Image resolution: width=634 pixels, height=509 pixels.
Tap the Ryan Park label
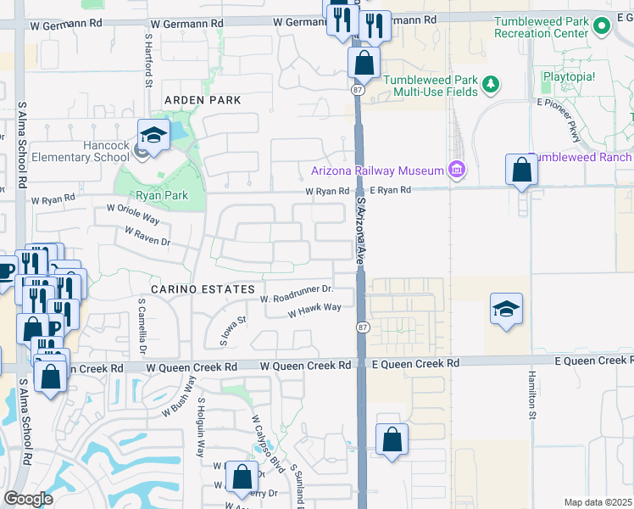click(x=160, y=194)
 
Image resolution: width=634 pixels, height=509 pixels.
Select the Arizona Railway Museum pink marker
click(x=458, y=171)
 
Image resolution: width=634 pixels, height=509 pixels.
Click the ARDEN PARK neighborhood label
click(x=203, y=100)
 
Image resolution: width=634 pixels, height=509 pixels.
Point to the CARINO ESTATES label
click(x=197, y=289)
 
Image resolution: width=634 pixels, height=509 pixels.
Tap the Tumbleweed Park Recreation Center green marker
click(x=602, y=27)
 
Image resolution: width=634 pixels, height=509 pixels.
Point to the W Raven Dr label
click(x=147, y=236)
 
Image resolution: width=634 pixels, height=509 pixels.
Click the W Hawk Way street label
click(x=314, y=310)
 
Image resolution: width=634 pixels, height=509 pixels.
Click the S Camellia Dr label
click(x=142, y=326)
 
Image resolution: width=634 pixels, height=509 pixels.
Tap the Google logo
click(x=29, y=499)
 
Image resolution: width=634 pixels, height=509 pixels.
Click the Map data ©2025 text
click(x=597, y=502)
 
